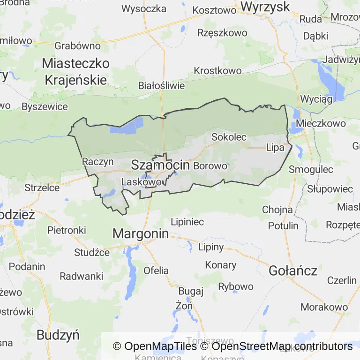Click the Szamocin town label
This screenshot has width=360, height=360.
tap(160, 165)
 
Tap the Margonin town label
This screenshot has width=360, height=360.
tap(141, 233)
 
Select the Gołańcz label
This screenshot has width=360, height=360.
tap(293, 270)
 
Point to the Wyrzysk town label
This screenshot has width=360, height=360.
tap(265, 7)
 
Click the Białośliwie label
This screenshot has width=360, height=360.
tap(162, 86)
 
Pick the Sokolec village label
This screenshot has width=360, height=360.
tap(229, 137)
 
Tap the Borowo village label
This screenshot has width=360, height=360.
tap(210, 165)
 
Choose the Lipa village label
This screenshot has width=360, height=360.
tap(275, 147)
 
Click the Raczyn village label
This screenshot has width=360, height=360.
tap(98, 162)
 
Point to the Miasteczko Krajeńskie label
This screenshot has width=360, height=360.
tap(76, 71)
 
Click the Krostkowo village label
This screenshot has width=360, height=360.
tap(217, 71)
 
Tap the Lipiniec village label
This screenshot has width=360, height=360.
tap(187, 222)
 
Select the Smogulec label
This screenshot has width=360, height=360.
tap(311, 169)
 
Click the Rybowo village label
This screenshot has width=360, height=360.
tap(236, 286)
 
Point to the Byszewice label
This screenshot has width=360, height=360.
tap(45, 106)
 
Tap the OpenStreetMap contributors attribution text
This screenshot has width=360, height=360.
tap(282, 346)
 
